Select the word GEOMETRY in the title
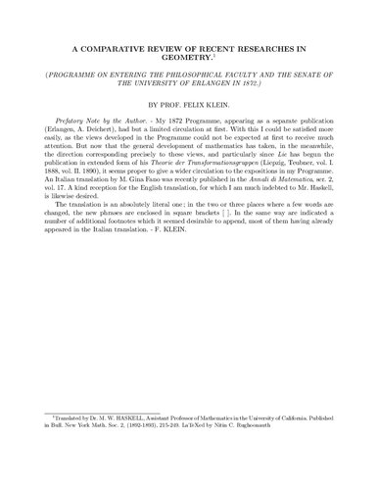pyautogui.click(x=189, y=58)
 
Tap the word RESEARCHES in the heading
pyautogui.click(x=273, y=47)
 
